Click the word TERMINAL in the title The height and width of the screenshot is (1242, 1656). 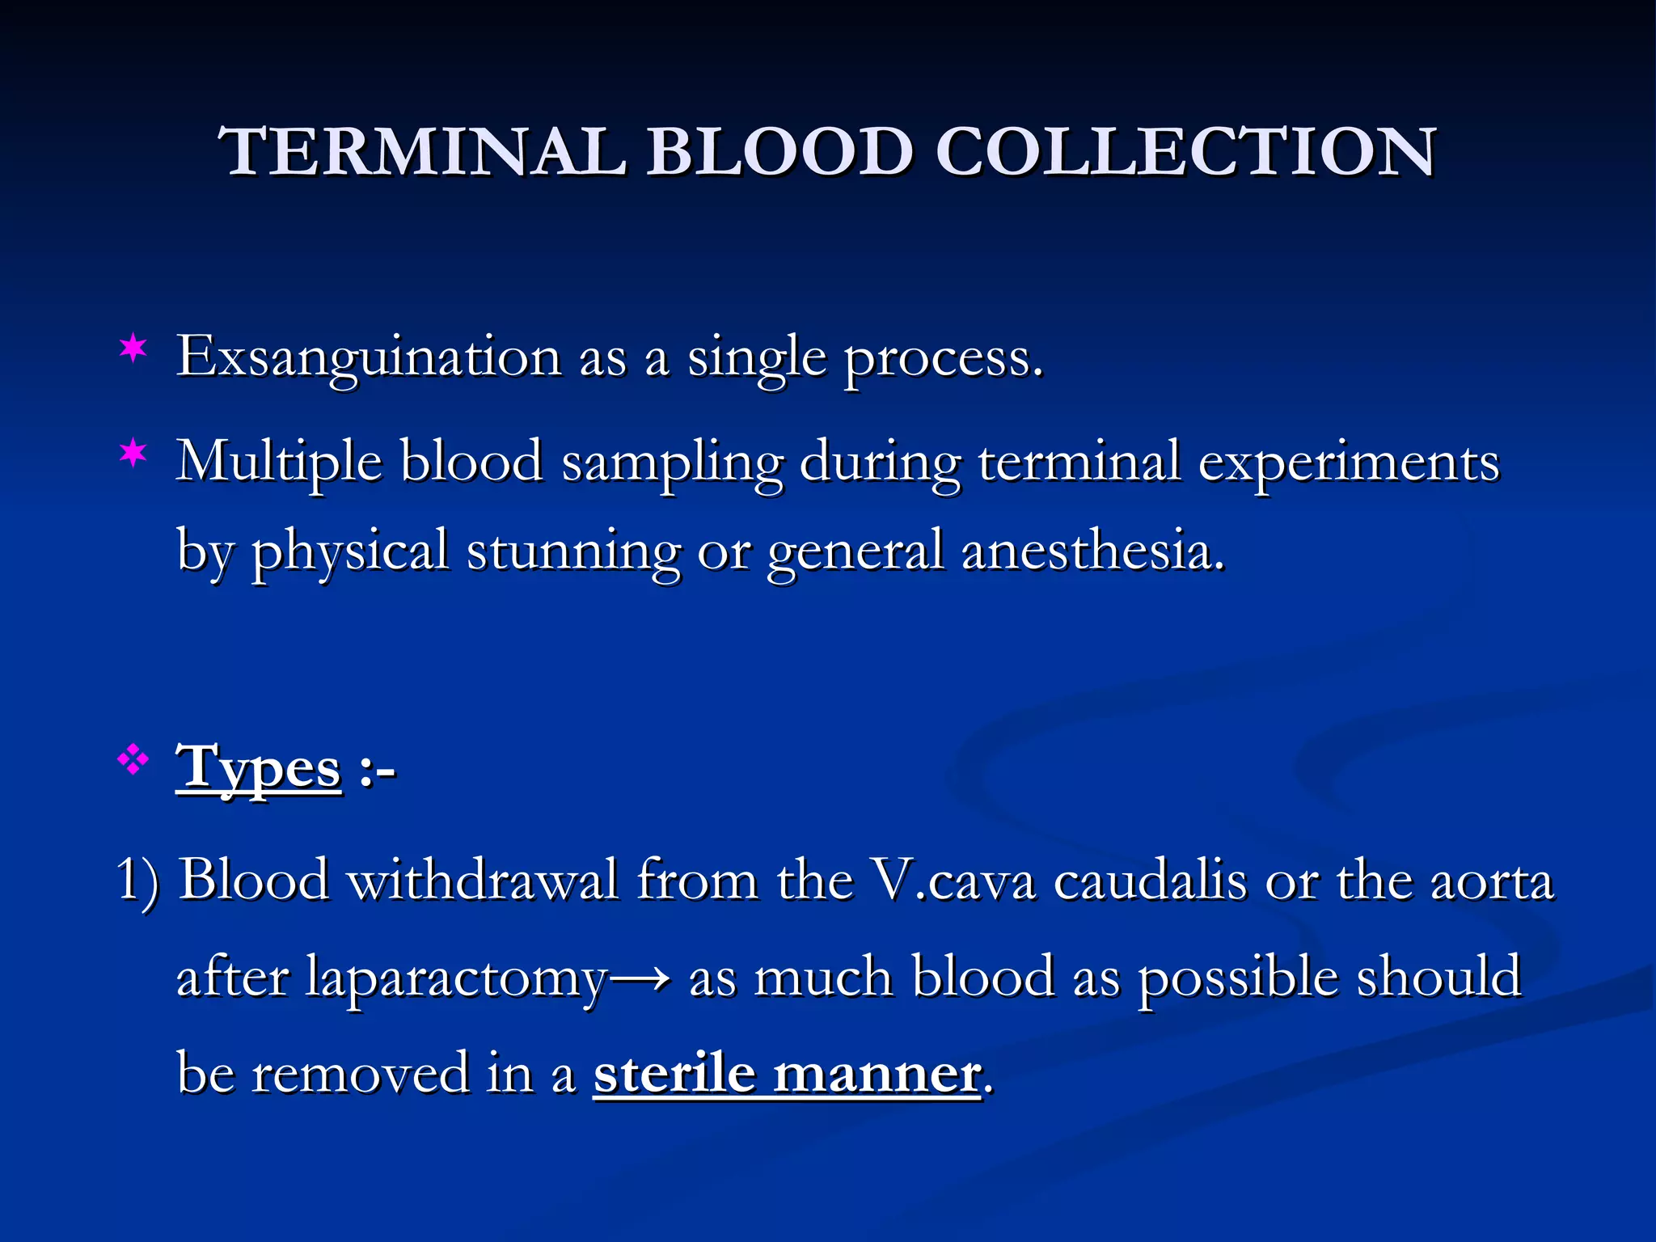pos(422,152)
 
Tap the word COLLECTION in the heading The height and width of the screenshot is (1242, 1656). pos(1185,152)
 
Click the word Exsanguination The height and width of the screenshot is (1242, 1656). pos(369,357)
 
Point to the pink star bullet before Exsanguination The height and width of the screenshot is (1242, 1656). pos(133,349)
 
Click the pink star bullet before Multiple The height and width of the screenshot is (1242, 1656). pos(133,454)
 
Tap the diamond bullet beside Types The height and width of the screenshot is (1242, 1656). pos(133,760)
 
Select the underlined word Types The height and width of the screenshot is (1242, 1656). pos(259,768)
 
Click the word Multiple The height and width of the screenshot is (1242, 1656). pos(279,463)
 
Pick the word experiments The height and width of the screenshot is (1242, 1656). pos(1348,463)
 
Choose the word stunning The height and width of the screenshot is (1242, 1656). pos(573,551)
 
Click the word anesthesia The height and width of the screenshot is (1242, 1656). pos(1092,551)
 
